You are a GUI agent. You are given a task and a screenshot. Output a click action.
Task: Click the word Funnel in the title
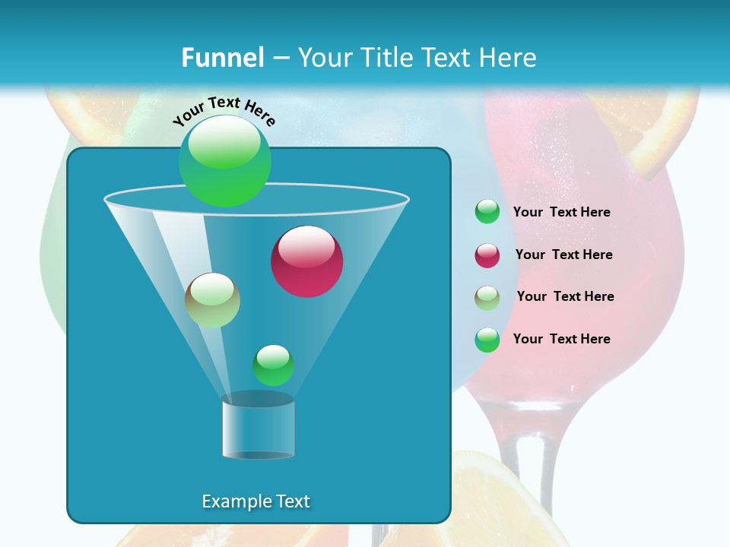click(x=222, y=57)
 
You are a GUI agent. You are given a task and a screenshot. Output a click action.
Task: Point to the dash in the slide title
click(x=280, y=58)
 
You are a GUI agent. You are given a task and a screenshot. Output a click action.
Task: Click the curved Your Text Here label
click(x=224, y=111)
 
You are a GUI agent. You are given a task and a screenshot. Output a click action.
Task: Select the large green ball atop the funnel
click(x=225, y=161)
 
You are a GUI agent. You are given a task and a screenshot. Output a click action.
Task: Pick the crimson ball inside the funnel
click(x=307, y=261)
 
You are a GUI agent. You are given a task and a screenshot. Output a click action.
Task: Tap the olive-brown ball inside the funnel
click(x=213, y=300)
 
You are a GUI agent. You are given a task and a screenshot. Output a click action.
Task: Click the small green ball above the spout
click(x=274, y=365)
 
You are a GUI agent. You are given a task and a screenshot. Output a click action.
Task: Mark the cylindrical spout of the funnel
click(x=259, y=427)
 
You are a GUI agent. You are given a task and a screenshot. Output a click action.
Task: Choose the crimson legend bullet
click(x=487, y=255)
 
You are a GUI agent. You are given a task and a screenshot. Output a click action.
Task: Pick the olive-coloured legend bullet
click(x=487, y=298)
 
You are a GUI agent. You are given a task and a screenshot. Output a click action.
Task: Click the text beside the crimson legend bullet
click(x=563, y=255)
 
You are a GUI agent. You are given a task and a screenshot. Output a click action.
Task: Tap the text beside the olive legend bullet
click(x=565, y=296)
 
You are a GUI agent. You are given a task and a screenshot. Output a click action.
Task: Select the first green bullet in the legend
click(x=487, y=212)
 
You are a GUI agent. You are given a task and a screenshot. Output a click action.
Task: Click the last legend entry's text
click(x=561, y=339)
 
